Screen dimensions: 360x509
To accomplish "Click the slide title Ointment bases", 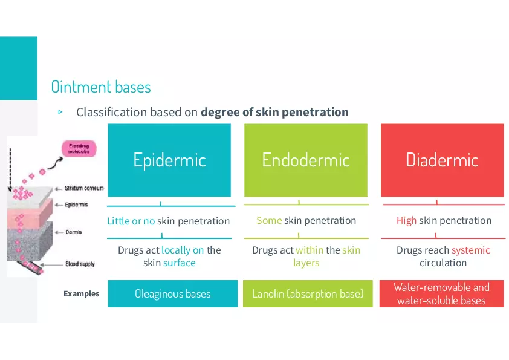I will click(101, 87).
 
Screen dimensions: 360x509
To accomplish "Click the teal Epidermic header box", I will click(169, 160).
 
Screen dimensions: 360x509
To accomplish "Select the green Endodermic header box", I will click(305, 160).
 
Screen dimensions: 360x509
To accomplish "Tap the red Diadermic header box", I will click(442, 160).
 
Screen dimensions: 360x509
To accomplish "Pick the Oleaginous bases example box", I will click(172, 294).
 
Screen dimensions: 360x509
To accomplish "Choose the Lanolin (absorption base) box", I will click(308, 294).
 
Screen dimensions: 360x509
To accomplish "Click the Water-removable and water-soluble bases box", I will click(441, 294).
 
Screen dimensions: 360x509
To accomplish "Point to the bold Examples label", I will click(81, 294).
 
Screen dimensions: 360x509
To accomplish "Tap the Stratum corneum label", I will click(84, 188).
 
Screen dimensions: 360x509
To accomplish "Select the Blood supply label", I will click(80, 264).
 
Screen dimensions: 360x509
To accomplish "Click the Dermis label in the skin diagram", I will click(73, 232).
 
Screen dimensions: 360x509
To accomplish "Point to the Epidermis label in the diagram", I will click(76, 205).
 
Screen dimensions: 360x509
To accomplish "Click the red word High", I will click(406, 221).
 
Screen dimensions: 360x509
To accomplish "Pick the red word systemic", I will click(470, 250).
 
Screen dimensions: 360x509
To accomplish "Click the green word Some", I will click(269, 221).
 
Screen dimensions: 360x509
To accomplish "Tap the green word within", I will click(310, 250).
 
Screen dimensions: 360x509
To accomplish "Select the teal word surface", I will click(180, 263).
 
